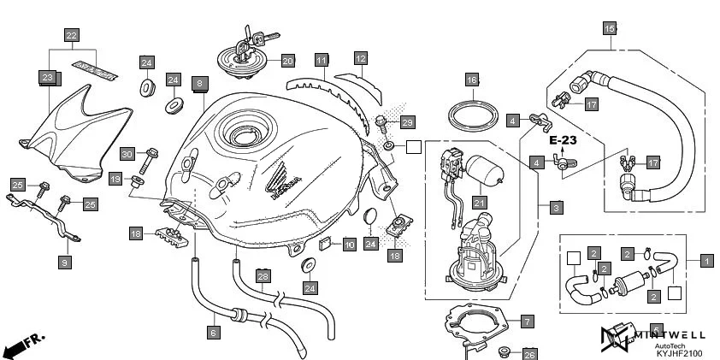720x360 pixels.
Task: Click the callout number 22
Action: (x=72, y=35)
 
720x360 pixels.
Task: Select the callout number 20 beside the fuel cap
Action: (x=287, y=61)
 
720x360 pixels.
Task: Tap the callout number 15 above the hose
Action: (x=609, y=28)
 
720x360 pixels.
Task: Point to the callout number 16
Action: (x=471, y=80)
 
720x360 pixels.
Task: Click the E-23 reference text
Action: (x=564, y=139)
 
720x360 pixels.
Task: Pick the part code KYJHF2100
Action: (x=679, y=352)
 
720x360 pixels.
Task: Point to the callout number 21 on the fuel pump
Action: (x=480, y=202)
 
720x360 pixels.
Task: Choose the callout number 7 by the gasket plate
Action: (x=527, y=322)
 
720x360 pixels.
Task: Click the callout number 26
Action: (x=529, y=353)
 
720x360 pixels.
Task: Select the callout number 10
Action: (x=349, y=245)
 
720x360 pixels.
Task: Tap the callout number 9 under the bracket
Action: (x=64, y=263)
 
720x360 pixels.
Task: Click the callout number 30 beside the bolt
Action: (x=127, y=154)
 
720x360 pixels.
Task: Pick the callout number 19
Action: (x=115, y=178)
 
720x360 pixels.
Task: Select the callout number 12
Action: (x=361, y=58)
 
